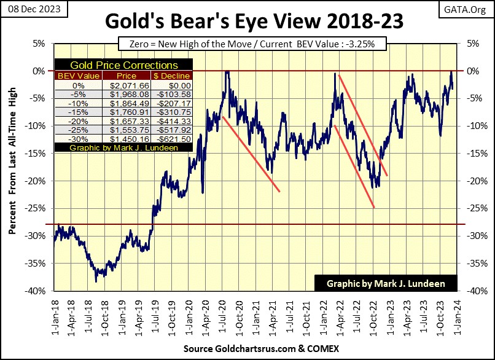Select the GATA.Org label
[470, 9]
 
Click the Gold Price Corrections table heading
[123, 65]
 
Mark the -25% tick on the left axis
[39, 208]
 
